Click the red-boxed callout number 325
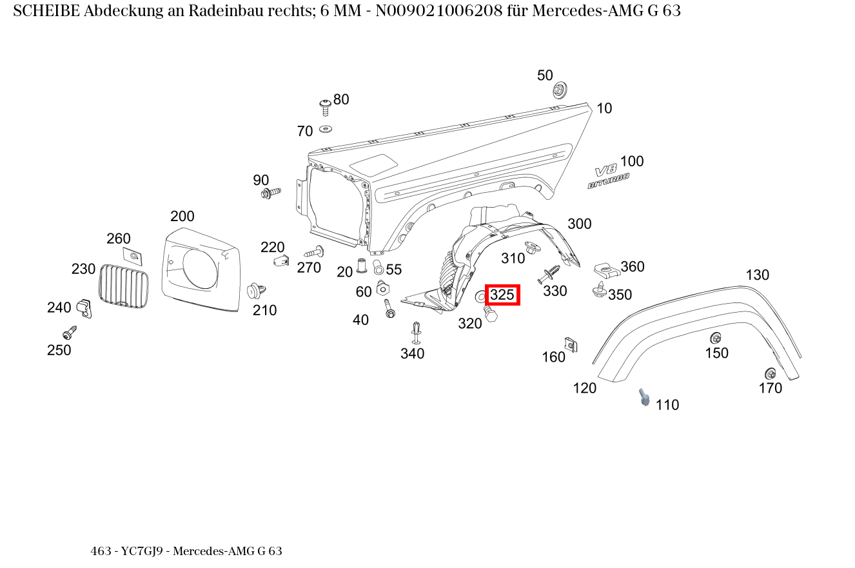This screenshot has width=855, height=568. point(502,295)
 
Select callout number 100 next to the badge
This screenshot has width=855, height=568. point(632,161)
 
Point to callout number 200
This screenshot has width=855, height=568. point(182,217)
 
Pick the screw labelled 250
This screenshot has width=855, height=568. point(70,333)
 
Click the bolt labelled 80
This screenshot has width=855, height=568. point(326,106)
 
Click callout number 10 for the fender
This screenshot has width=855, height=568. point(604,108)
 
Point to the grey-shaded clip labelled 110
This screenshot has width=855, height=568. point(644,397)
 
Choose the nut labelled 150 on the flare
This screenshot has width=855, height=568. point(715,338)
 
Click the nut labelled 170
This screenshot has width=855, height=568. point(770,373)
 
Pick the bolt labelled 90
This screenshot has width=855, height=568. point(270,193)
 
